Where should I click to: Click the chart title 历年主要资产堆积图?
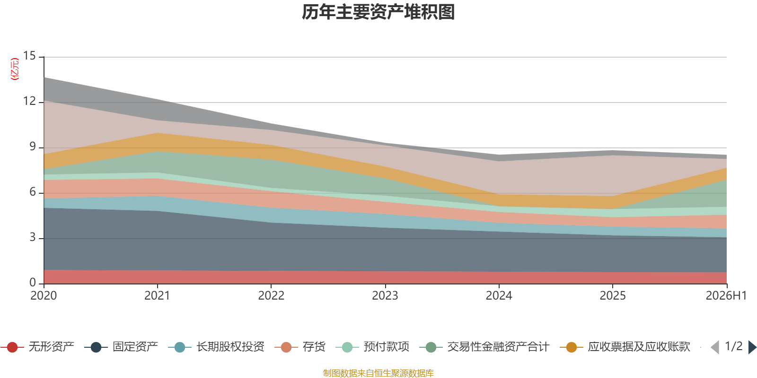pyautogui.click(x=378, y=12)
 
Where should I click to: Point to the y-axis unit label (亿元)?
pyautogui.click(x=15, y=69)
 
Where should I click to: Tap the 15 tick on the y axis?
pyautogui.click(x=29, y=56)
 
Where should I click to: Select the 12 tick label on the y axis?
pyautogui.click(x=29, y=101)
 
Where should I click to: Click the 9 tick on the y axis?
pyautogui.click(x=33, y=146)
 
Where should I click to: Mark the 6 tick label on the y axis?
pyautogui.click(x=33, y=192)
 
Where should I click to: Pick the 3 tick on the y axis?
pyautogui.click(x=33, y=237)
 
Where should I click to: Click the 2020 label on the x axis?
pyautogui.click(x=44, y=296)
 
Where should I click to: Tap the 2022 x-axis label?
pyautogui.click(x=272, y=296)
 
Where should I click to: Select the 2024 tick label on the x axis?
pyautogui.click(x=499, y=296)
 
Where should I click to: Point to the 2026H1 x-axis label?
pyautogui.click(x=726, y=296)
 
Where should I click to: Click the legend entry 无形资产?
pyautogui.click(x=37, y=347)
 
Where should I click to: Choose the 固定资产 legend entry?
pyautogui.click(x=121, y=347)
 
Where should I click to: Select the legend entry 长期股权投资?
pyautogui.click(x=216, y=347)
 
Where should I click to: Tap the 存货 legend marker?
pyautogui.click(x=286, y=347)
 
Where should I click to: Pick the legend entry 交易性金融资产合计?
pyautogui.click(x=484, y=347)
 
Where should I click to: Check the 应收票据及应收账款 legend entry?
pyautogui.click(x=625, y=347)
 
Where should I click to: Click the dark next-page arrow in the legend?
pyautogui.click(x=752, y=347)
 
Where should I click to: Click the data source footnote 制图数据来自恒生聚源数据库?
pyautogui.click(x=378, y=373)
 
